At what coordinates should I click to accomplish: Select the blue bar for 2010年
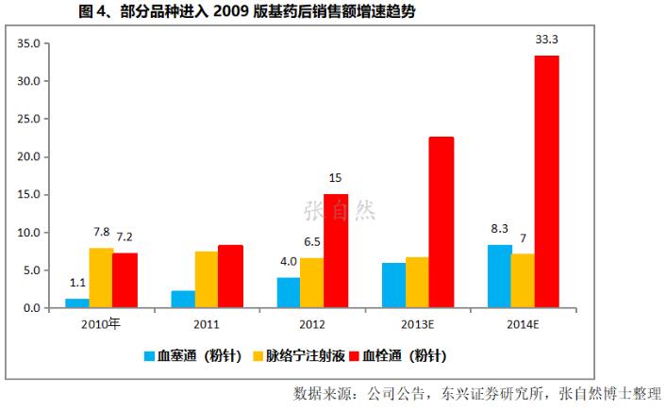(x=76, y=303)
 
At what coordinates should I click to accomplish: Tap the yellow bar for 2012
(x=312, y=283)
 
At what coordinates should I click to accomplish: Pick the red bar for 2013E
(x=441, y=222)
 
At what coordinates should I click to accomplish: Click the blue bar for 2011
(x=183, y=299)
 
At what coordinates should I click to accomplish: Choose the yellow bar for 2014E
(x=524, y=281)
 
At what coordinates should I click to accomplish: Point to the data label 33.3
(x=546, y=40)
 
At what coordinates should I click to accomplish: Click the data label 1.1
(x=76, y=283)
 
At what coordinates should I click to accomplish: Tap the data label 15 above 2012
(x=336, y=177)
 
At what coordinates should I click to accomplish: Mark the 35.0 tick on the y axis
(x=28, y=43)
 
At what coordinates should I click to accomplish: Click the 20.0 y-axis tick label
(x=28, y=156)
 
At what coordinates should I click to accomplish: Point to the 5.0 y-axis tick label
(x=31, y=270)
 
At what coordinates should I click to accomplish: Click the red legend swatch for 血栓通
(x=356, y=356)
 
